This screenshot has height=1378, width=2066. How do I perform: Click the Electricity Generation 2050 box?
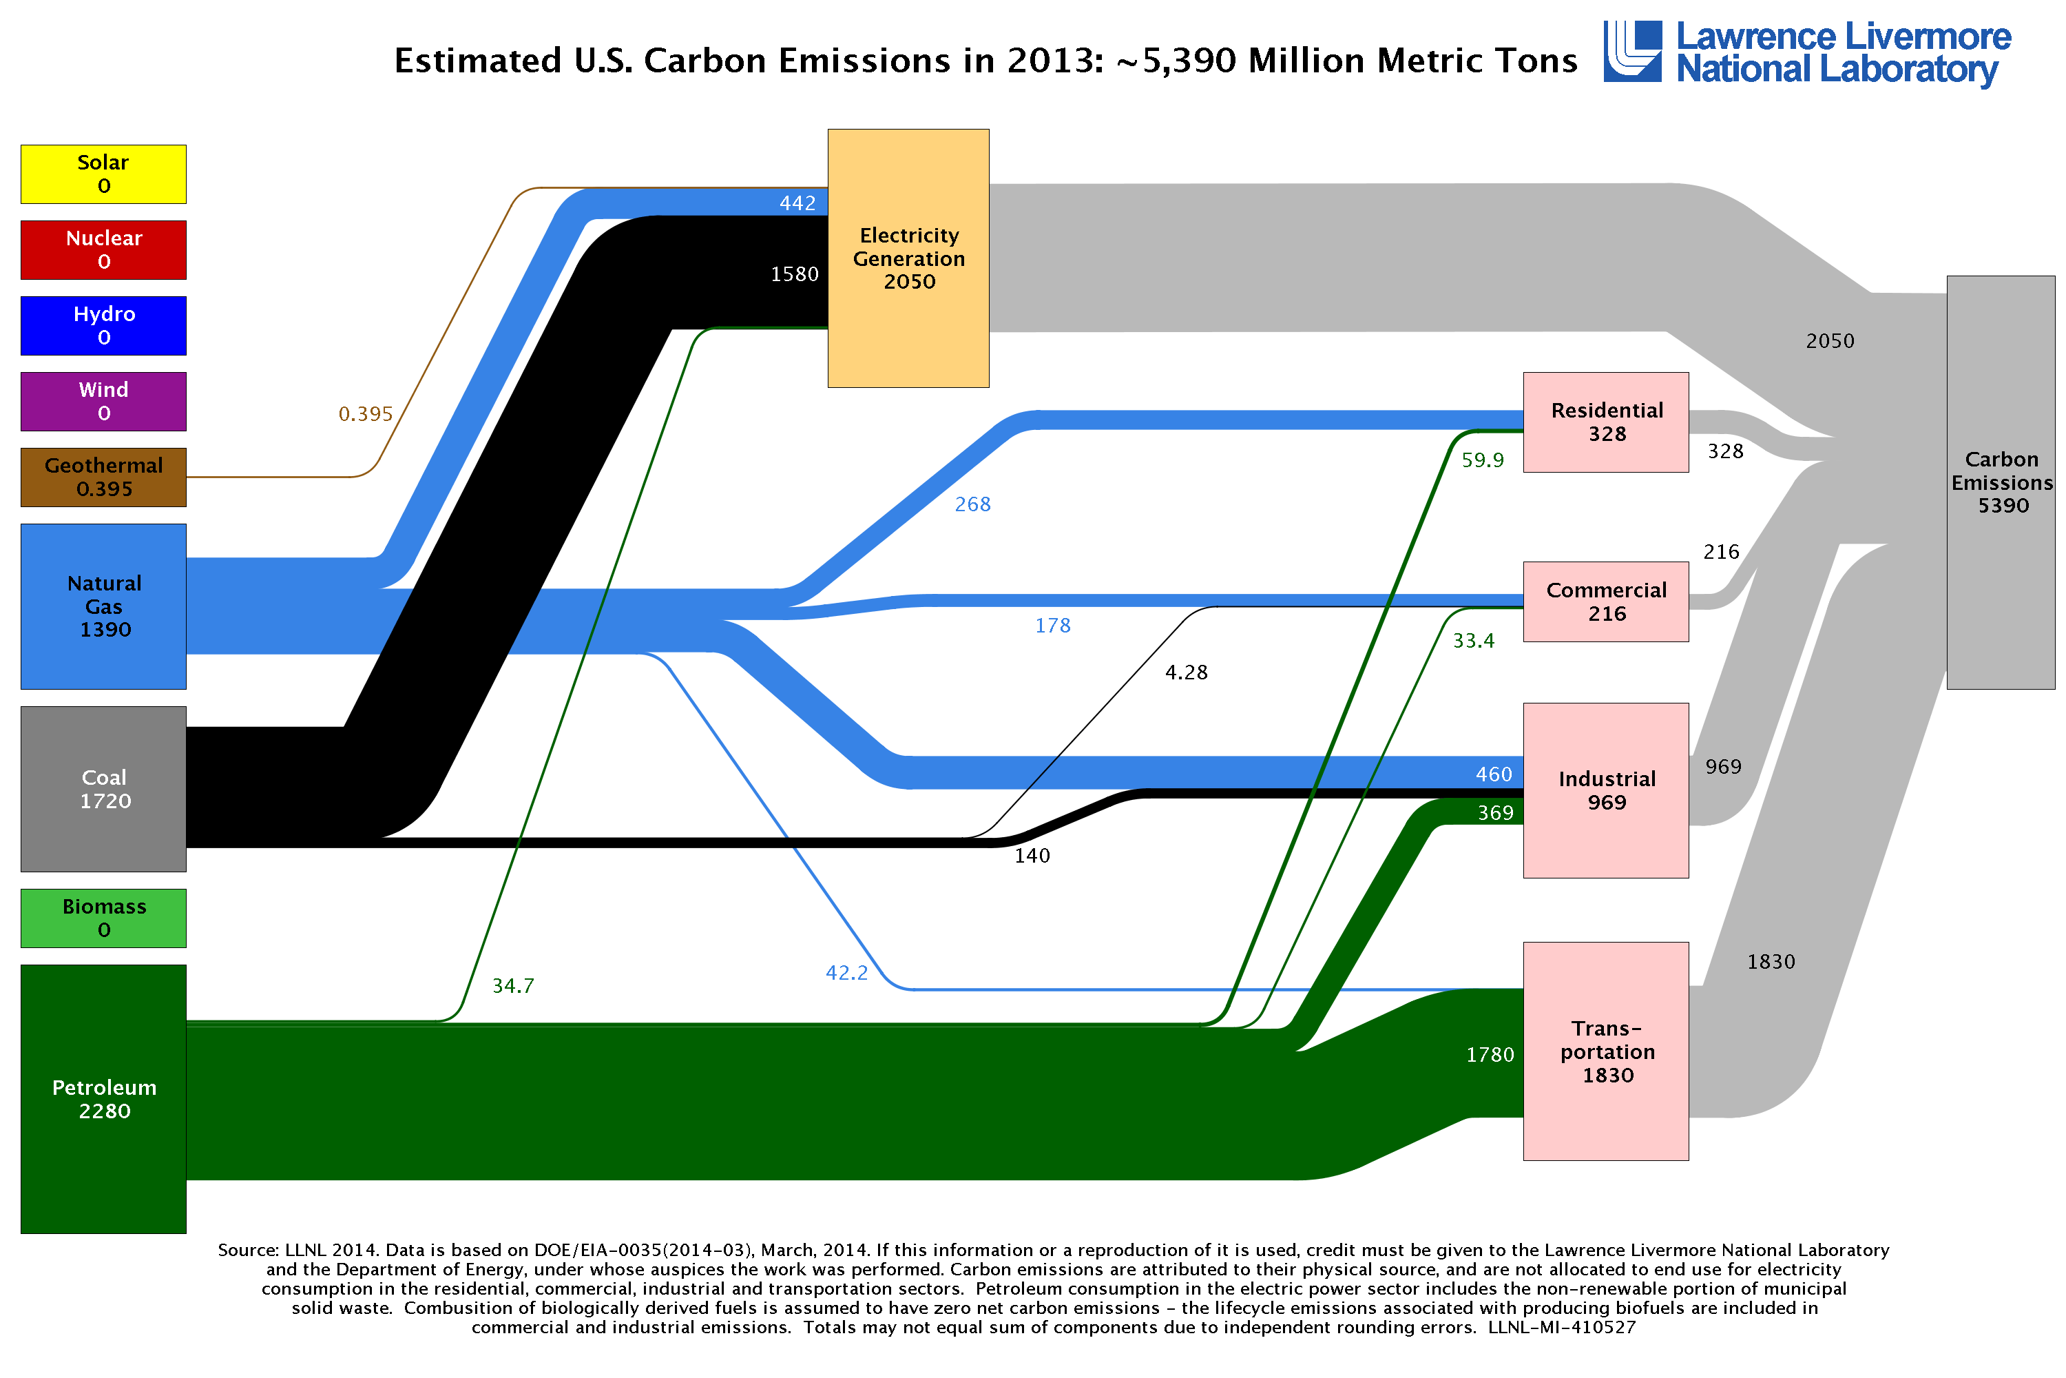[908, 258]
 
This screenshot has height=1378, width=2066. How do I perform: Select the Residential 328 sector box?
[1606, 422]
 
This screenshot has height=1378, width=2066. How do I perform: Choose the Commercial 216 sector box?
[1606, 602]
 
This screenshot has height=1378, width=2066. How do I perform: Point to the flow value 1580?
[794, 274]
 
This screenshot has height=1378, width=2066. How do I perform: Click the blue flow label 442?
[797, 203]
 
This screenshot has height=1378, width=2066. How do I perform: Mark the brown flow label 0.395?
[366, 414]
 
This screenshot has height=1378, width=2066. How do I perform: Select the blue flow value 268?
[972, 504]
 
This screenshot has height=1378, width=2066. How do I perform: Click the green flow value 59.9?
[1483, 460]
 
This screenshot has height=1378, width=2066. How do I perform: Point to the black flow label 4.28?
[1186, 672]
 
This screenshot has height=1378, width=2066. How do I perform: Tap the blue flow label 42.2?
[846, 973]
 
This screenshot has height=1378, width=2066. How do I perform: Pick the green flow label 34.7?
[513, 986]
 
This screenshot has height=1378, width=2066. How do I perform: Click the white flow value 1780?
[1490, 1055]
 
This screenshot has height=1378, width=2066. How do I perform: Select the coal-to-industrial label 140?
[1032, 856]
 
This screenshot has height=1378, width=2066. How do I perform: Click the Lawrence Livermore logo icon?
[1632, 51]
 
